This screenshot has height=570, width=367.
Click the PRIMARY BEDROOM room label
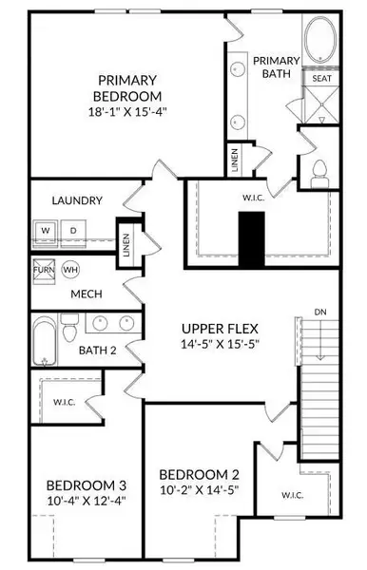click(126, 88)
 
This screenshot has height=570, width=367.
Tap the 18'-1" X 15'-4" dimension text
click(126, 112)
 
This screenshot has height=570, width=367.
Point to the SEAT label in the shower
click(321, 79)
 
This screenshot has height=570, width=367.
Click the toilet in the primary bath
click(319, 171)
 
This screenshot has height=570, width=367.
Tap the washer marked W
click(46, 231)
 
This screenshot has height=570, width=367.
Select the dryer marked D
click(72, 231)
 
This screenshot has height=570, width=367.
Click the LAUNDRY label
click(77, 200)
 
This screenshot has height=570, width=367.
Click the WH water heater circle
click(70, 270)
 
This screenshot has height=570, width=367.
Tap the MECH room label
click(86, 294)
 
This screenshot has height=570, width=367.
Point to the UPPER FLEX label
click(221, 328)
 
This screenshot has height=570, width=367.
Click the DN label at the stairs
click(321, 312)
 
